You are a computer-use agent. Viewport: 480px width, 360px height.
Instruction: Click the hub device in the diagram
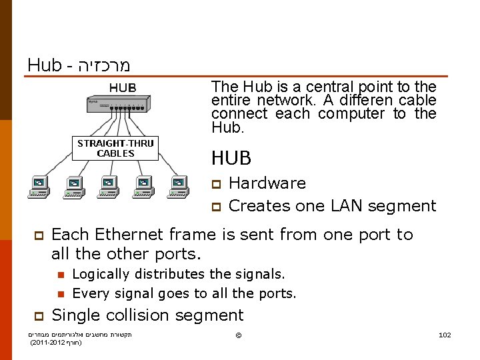click(116, 104)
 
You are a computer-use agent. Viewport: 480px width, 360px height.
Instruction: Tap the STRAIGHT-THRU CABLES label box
click(115, 148)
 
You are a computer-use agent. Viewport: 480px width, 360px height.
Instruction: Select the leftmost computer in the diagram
click(39, 187)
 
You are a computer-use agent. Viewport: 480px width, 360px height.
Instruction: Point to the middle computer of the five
click(109, 187)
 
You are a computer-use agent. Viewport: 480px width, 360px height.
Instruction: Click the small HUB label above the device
click(123, 88)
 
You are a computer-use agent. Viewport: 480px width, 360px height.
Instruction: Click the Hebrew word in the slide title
click(103, 65)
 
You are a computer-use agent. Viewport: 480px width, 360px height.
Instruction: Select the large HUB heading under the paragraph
click(231, 158)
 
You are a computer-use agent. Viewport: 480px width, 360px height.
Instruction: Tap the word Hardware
click(267, 183)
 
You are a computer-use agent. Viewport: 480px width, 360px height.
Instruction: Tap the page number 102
click(445, 335)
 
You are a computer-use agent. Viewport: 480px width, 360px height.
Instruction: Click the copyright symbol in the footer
click(239, 334)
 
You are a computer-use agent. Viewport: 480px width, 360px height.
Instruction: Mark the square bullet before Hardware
click(215, 184)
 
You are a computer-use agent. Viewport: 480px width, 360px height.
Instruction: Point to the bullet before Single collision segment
click(39, 316)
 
